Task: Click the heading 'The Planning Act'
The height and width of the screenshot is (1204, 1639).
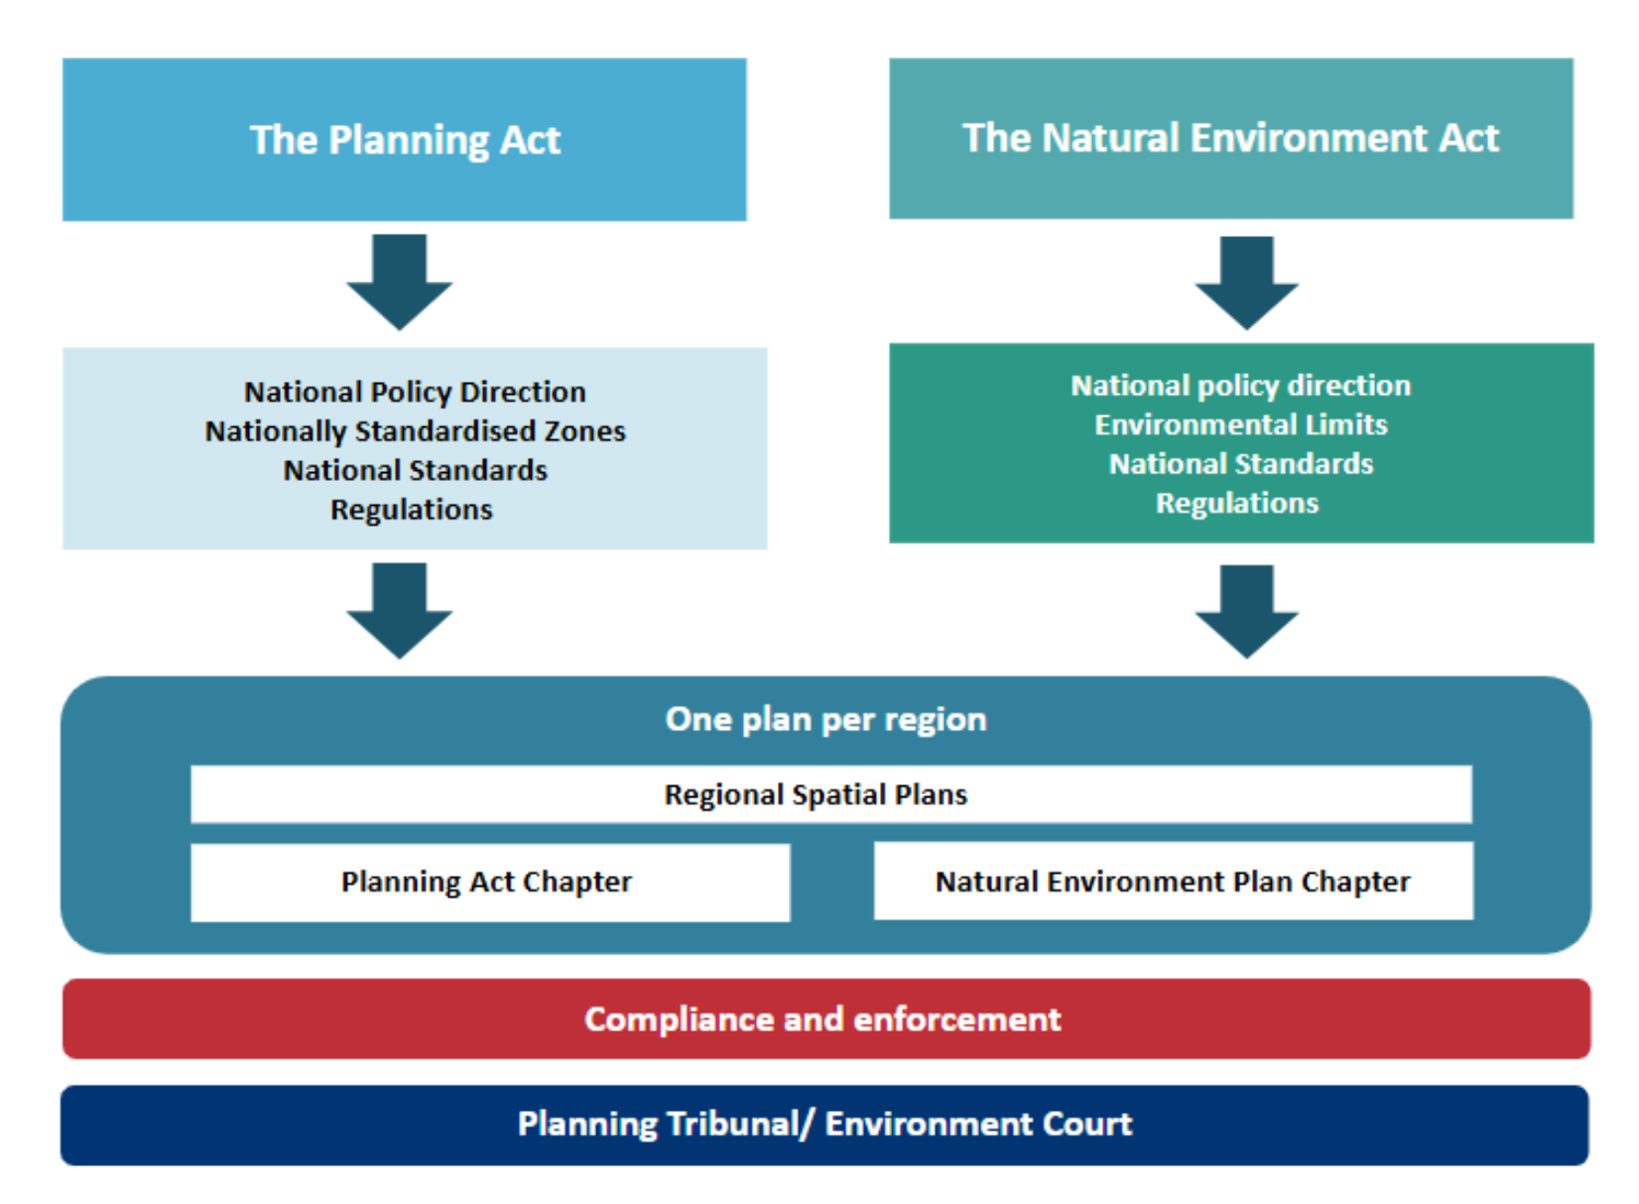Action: coord(405,140)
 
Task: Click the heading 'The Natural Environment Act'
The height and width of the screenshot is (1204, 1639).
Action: coord(1230,138)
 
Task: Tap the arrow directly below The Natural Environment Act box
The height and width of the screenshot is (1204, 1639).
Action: coord(1246,282)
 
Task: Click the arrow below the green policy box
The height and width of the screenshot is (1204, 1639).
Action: coord(1246,610)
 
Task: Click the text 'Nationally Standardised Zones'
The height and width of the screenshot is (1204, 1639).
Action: coord(415,431)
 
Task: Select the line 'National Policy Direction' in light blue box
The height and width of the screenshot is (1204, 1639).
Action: coord(415,392)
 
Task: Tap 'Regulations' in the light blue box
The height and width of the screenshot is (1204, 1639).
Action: coord(411,510)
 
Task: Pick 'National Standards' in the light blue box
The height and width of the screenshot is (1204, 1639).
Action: coord(415,470)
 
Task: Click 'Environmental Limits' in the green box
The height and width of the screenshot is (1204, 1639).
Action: coord(1240,424)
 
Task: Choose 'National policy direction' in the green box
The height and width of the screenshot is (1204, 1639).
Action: coord(1240,385)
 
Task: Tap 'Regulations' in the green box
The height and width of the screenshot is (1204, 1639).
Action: coord(1237,503)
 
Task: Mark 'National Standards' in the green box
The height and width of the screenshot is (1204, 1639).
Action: coord(1240,464)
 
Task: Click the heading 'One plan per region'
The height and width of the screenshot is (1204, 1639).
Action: coord(825,719)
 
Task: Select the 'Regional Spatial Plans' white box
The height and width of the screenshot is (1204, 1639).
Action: coord(816,794)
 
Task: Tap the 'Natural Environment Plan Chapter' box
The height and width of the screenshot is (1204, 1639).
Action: coord(1173,882)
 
